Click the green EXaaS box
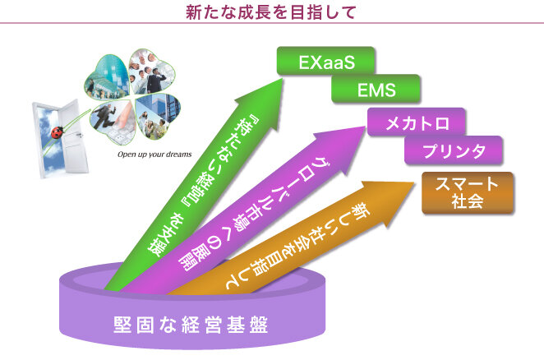(x=325, y=62)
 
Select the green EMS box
(x=376, y=89)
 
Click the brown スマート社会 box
(x=467, y=192)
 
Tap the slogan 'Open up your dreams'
(x=154, y=154)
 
